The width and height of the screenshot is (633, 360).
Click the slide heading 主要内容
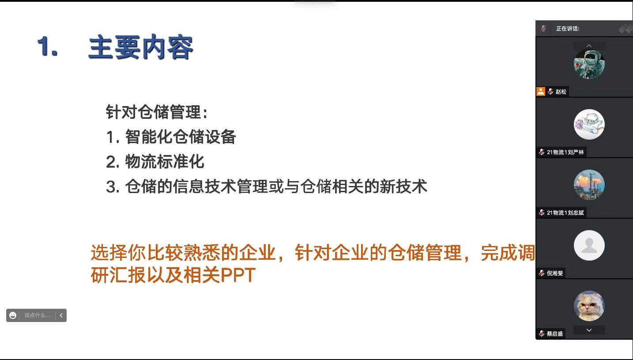(x=140, y=47)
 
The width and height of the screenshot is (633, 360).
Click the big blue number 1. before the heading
(x=48, y=46)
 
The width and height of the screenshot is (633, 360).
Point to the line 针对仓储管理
(x=157, y=112)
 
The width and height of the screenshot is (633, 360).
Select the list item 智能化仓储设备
(x=180, y=137)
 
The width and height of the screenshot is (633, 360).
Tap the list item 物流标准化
(x=165, y=162)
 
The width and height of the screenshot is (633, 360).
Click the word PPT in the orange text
(x=238, y=275)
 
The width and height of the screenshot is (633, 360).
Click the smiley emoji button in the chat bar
(x=13, y=315)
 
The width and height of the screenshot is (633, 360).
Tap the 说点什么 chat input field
(x=38, y=315)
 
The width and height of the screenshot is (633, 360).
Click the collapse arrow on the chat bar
(x=61, y=315)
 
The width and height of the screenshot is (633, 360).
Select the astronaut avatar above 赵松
(x=589, y=64)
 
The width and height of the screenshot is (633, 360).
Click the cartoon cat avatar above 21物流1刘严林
(x=589, y=125)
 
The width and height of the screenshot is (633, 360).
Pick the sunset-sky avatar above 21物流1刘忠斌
(x=589, y=185)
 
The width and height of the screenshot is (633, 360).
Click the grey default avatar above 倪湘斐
(x=589, y=246)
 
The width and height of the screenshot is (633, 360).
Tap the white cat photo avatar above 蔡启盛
(x=589, y=306)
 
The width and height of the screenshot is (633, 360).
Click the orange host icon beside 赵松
(x=541, y=91)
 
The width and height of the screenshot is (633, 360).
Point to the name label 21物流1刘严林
(x=565, y=152)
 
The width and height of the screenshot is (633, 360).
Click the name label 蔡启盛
(x=555, y=333)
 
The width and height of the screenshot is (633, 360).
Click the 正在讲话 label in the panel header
(x=568, y=29)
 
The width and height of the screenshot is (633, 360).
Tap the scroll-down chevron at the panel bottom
(x=589, y=330)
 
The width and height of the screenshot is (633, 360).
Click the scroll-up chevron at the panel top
(x=589, y=45)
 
